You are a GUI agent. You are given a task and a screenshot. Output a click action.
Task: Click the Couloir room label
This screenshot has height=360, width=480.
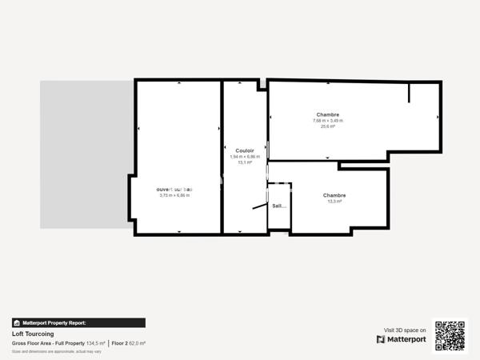(245, 150)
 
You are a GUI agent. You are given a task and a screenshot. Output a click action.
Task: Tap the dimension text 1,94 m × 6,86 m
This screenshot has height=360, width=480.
(245, 157)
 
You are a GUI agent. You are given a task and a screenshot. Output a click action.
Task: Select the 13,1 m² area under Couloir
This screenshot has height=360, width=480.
(245, 162)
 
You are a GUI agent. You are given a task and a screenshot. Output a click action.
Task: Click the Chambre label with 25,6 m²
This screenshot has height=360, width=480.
(327, 114)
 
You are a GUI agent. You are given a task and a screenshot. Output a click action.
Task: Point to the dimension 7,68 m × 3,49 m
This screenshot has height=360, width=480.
(327, 121)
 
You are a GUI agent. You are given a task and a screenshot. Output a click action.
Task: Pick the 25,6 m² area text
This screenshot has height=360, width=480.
(327, 126)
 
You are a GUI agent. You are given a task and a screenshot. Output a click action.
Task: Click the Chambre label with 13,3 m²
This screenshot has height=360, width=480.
(334, 195)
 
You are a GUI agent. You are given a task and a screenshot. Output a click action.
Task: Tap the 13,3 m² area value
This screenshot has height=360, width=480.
(334, 202)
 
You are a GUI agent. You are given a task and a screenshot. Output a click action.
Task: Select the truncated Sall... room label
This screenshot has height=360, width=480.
(279, 206)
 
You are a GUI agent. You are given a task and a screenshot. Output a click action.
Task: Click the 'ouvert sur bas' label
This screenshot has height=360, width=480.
(174, 189)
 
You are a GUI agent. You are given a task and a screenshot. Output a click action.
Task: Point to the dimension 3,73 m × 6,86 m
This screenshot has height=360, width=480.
(174, 195)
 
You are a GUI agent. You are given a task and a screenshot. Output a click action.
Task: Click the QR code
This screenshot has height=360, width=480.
(450, 336)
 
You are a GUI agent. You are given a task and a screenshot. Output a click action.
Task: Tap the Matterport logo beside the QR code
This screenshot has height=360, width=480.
(402, 339)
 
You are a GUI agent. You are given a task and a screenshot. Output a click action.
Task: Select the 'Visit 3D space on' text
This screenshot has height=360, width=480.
(405, 330)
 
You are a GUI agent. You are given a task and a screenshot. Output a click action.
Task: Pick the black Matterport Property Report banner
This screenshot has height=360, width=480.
(78, 323)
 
